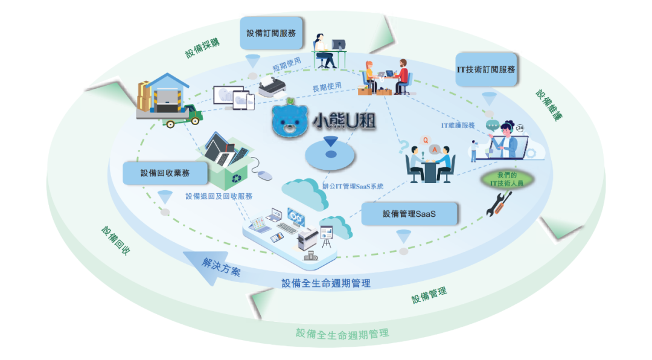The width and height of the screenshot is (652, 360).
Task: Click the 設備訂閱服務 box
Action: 271,33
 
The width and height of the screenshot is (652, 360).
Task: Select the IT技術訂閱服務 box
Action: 486,69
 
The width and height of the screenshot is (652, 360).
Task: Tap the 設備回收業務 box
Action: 165,173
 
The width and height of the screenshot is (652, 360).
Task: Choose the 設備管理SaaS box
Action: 409,214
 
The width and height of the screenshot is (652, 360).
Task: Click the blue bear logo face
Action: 290,121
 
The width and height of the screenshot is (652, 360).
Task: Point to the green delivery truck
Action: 185,117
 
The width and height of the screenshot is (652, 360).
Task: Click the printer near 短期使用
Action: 272,86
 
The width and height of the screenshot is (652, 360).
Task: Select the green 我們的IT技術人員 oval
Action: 507,179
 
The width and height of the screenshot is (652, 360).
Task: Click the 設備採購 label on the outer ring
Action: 202,48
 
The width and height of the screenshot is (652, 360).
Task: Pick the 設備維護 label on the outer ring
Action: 549,105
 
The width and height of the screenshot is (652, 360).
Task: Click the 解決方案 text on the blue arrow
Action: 221,267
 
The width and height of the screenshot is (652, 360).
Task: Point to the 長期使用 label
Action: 327,87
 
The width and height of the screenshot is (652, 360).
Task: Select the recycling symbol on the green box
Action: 237,179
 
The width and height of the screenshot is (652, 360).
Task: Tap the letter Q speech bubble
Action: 425,141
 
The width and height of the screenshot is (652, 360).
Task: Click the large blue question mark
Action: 403,147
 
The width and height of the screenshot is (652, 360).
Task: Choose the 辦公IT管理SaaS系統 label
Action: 353,187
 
